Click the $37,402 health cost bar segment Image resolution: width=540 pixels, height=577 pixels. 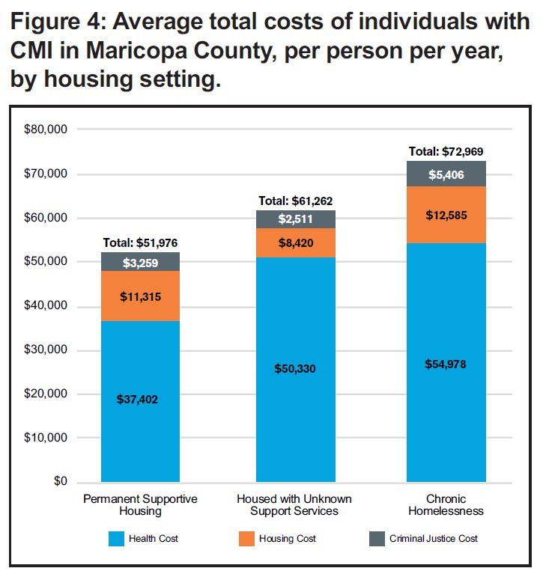pyautogui.click(x=140, y=401)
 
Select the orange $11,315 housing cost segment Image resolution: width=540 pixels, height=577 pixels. pyautogui.click(x=140, y=296)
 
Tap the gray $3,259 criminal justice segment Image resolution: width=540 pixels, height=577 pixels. pyautogui.click(x=140, y=262)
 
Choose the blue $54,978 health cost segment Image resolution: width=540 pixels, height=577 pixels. pyautogui.click(x=446, y=363)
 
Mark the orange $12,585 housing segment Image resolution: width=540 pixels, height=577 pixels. pyautogui.click(x=446, y=216)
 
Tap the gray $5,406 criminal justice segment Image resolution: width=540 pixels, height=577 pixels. pyautogui.click(x=446, y=174)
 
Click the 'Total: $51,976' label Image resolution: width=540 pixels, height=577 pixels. pyautogui.click(x=140, y=243)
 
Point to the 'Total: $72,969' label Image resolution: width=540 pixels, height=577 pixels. pyautogui.click(x=446, y=151)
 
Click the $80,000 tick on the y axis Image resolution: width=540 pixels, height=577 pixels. pyautogui.click(x=47, y=129)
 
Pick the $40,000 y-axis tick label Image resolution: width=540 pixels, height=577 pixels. pyautogui.click(x=47, y=305)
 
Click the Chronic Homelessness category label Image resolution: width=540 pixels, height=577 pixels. pyautogui.click(x=446, y=505)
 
